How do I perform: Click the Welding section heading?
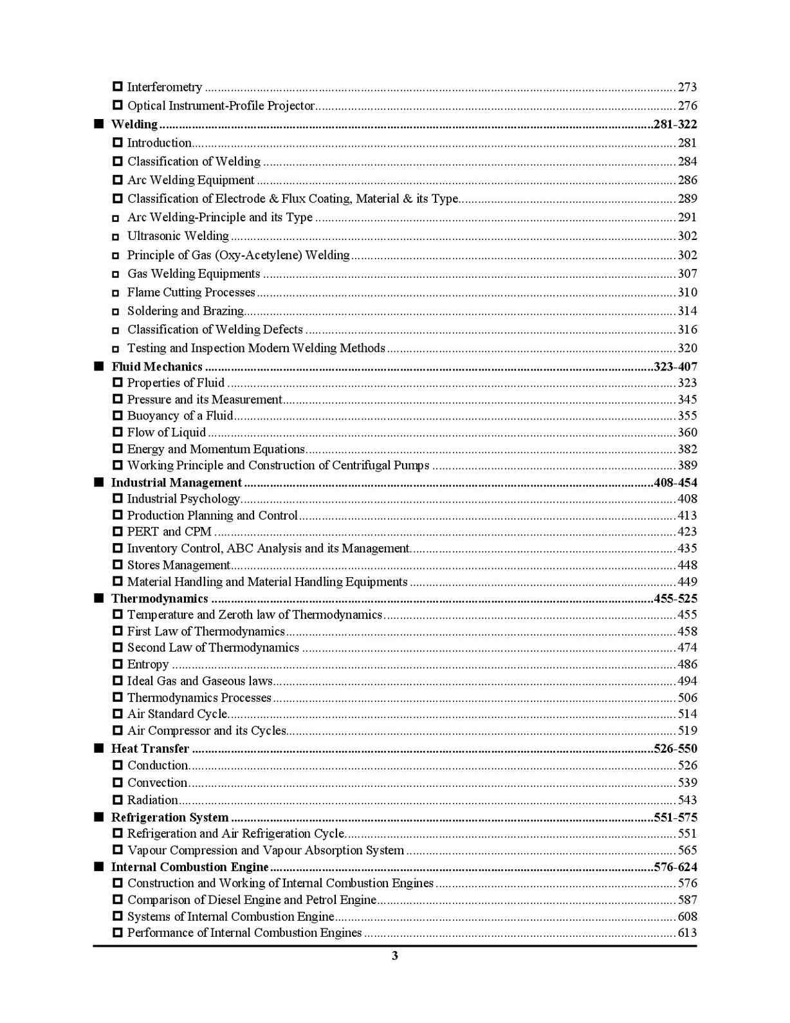pos(134,124)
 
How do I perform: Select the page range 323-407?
pos(675,367)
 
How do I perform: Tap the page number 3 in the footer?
pos(395,956)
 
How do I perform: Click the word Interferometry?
pos(165,87)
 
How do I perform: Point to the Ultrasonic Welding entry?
pos(178,236)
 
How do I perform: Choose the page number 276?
pos(687,106)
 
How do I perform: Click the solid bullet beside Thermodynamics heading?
pos(98,598)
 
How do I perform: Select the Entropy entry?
pos(148,665)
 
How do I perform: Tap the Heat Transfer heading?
pos(150,749)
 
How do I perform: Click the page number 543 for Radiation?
pos(687,800)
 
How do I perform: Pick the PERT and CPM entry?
pos(169,531)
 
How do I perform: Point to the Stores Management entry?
pos(178,565)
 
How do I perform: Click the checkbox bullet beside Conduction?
pos(118,766)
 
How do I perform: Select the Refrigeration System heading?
pos(170,818)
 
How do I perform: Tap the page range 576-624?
pos(675,867)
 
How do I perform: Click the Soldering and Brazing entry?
pos(185,311)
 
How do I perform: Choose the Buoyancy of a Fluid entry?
pos(180,416)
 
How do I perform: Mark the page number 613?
pos(687,933)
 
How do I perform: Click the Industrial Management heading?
pos(176,483)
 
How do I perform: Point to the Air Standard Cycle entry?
pos(177,714)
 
